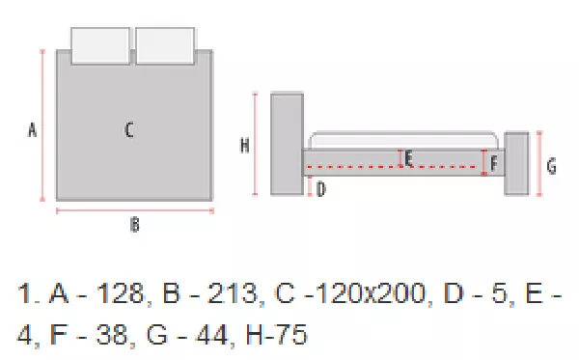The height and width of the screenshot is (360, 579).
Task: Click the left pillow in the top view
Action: click(x=100, y=45)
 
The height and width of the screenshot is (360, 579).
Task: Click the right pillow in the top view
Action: click(x=165, y=45)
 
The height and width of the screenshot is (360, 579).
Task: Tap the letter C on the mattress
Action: click(x=129, y=130)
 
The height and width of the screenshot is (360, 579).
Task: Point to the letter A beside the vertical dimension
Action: click(x=33, y=130)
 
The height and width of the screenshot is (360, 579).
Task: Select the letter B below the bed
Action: click(x=135, y=225)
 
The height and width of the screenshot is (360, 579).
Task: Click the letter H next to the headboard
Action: click(x=245, y=145)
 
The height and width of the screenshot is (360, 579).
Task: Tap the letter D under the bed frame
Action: click(x=321, y=189)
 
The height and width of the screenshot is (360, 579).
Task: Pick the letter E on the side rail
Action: click(x=408, y=159)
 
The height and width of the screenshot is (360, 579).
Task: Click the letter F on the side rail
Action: click(x=494, y=163)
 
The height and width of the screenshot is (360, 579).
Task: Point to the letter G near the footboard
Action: click(x=552, y=166)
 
